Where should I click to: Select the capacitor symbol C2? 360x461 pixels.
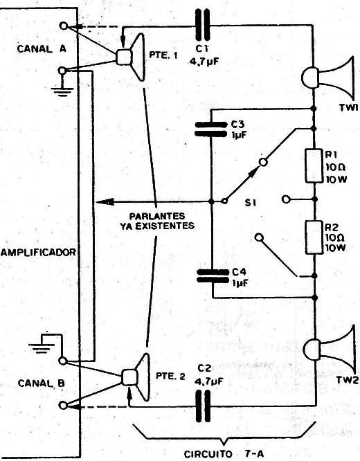pos(203,406)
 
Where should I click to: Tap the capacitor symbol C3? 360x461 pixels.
pos(211,129)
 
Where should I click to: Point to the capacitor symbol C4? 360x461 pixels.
pos(213,276)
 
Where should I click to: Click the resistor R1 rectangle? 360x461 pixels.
pos(314,166)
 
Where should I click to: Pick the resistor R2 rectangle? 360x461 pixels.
pos(314,237)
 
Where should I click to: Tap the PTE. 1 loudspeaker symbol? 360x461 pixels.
pos(130,57)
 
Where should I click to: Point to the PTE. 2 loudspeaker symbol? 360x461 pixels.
pos(136,377)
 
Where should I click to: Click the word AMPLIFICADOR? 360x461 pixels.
pos(38,252)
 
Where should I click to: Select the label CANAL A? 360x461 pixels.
pos(42,49)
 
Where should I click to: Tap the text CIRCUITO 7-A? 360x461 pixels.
pos(224,454)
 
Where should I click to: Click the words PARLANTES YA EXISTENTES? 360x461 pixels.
pos(157,221)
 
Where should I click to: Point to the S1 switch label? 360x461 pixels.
pos(251,203)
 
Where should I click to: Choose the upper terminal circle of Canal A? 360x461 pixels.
pos(63,26)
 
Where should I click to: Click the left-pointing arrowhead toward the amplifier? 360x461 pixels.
pos(105,201)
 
